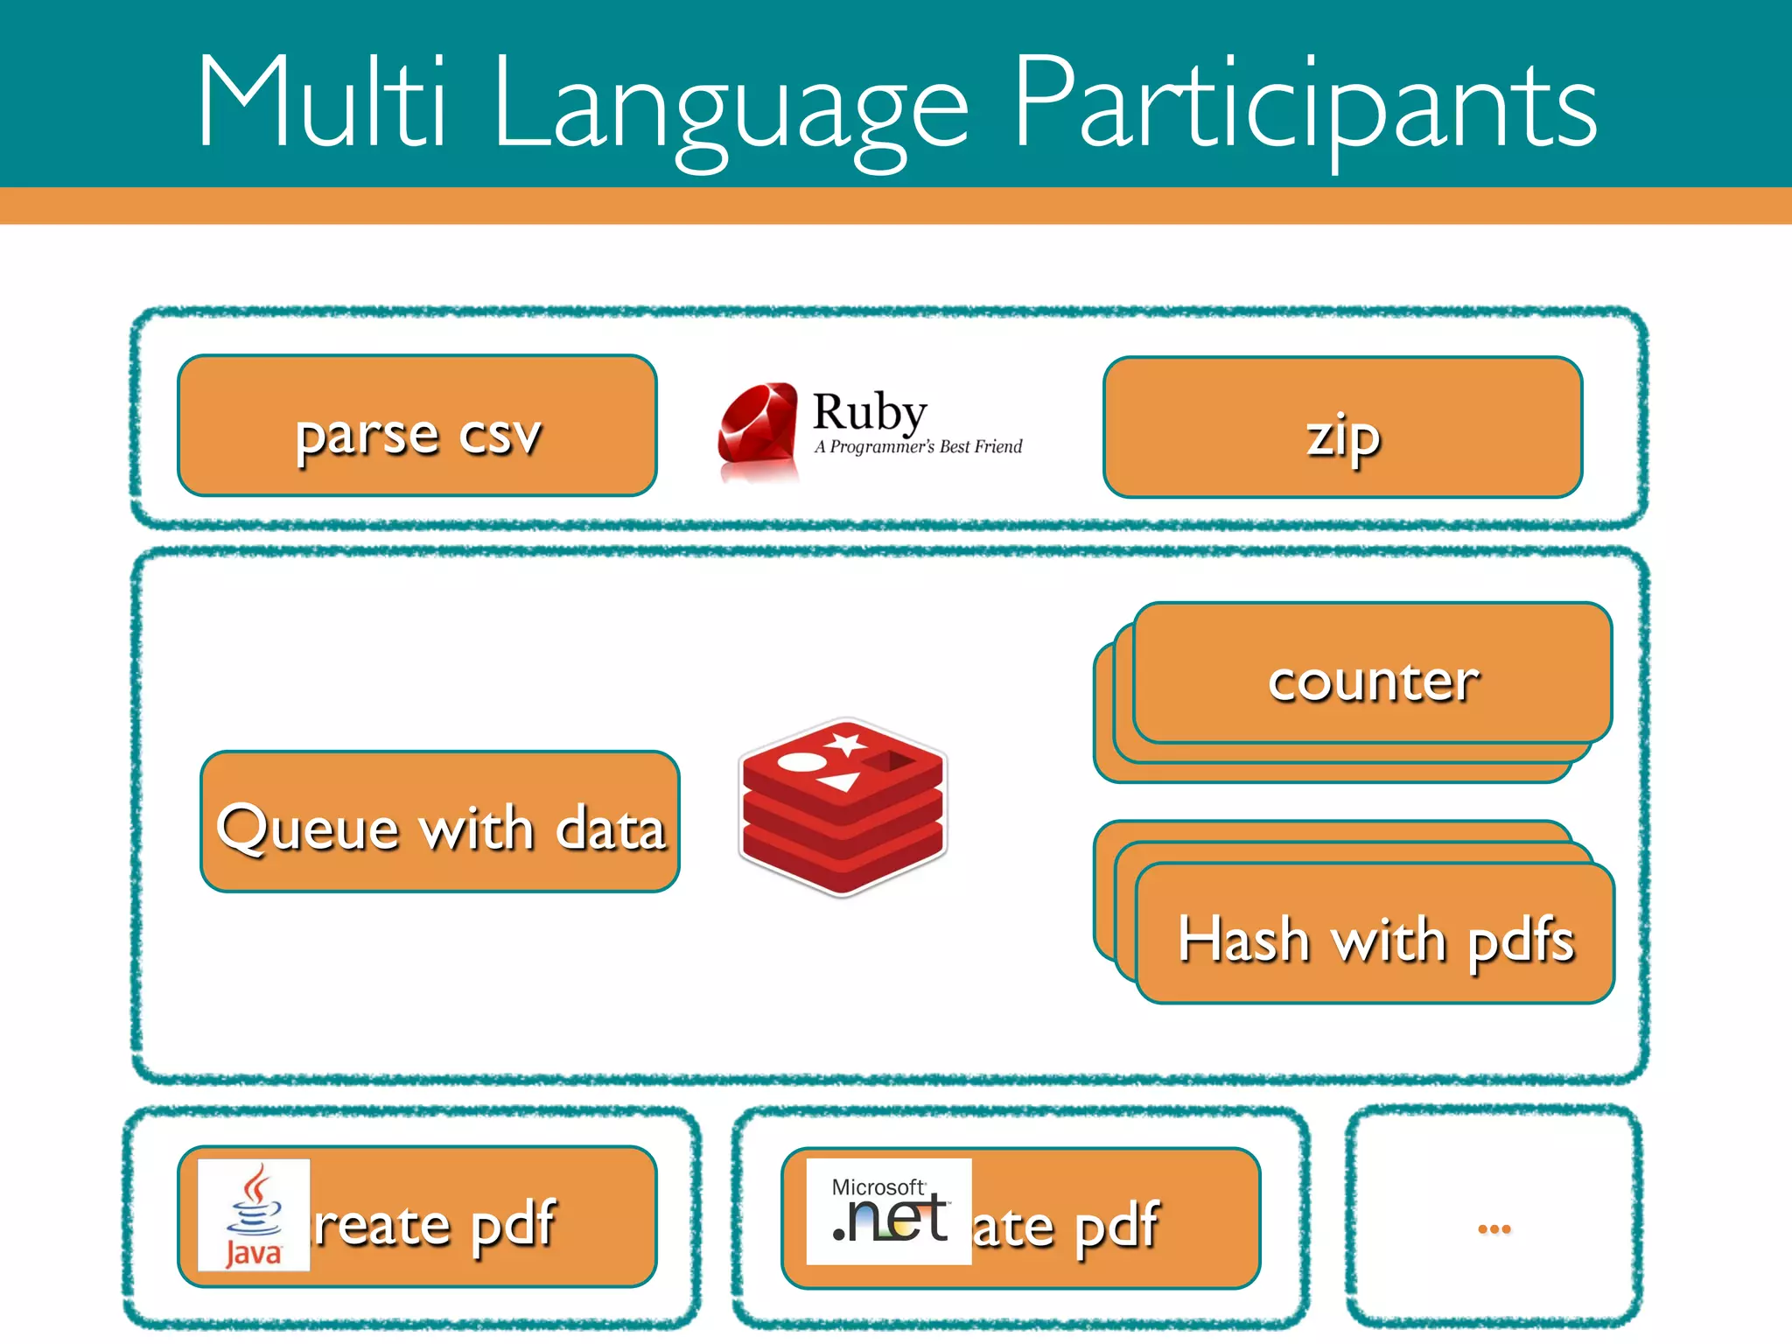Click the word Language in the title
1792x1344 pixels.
(731, 109)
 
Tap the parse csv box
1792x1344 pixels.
(417, 426)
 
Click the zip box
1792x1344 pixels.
(1343, 428)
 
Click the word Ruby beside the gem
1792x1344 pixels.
(870, 411)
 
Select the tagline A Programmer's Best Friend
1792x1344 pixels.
(918, 447)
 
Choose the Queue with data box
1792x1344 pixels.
(440, 822)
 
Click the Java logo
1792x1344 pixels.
(254, 1215)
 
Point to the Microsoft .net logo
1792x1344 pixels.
(889, 1212)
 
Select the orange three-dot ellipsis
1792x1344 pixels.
(1494, 1229)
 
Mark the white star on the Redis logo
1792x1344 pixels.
(846, 745)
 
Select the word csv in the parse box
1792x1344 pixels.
(500, 435)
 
